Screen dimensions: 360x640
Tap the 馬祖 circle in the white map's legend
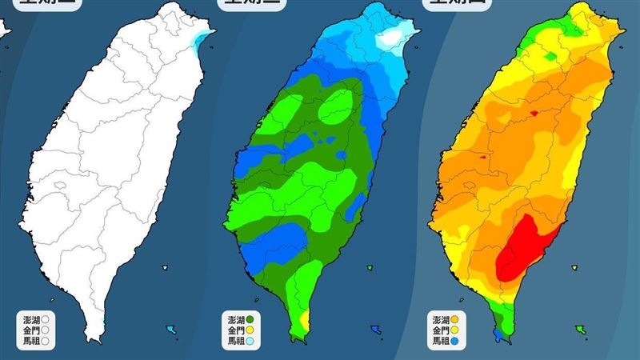(x=46, y=339)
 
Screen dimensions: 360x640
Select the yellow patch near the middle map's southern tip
(x=302, y=320)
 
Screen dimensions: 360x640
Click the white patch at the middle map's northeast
(x=391, y=38)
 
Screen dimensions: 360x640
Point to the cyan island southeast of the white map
(x=170, y=329)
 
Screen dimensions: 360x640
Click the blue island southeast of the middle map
(x=374, y=328)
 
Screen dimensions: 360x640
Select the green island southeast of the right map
(x=578, y=327)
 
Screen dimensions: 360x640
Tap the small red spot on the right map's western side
(x=482, y=158)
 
